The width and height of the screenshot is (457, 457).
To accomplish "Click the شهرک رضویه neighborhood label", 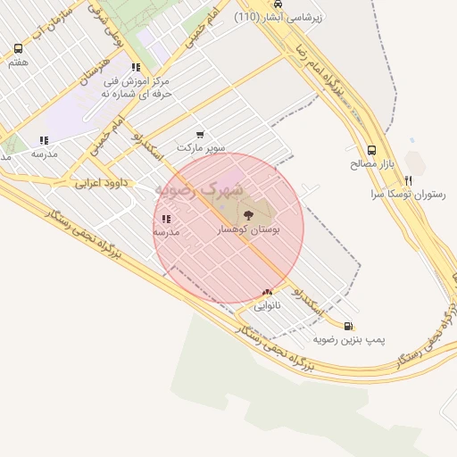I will [x=198, y=189].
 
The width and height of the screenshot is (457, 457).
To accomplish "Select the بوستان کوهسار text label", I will [x=249, y=229].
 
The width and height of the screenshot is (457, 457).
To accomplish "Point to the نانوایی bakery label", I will [x=268, y=305].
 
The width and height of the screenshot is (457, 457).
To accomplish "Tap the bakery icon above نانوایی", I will [x=268, y=292].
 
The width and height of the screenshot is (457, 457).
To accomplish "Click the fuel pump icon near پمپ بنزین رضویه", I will [x=347, y=326].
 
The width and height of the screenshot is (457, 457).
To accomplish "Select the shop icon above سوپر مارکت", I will [x=200, y=134].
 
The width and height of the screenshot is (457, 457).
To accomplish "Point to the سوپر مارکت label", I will [x=201, y=146].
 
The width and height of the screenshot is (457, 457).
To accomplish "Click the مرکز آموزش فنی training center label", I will [x=136, y=87].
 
